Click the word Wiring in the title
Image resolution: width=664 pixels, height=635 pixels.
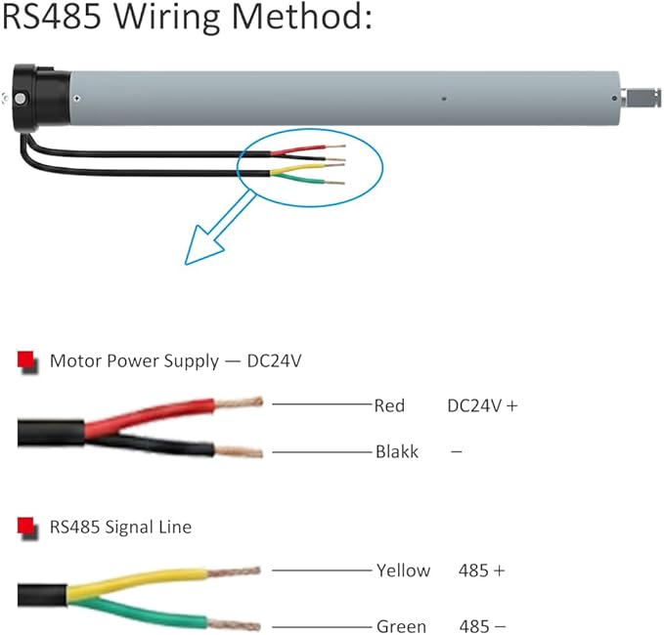coord(166,18)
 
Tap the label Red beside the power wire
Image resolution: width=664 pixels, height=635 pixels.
coord(389,405)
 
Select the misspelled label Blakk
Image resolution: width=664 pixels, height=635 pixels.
coord(397,451)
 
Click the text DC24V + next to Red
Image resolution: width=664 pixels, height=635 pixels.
coord(482,405)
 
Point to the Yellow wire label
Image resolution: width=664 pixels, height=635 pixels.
coord(403,571)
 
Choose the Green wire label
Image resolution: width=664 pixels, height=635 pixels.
coord(401,626)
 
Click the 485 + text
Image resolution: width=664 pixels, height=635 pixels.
coord(481,571)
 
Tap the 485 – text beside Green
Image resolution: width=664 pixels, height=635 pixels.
coord(482,626)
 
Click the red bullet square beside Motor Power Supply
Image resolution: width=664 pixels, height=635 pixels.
coord(26,360)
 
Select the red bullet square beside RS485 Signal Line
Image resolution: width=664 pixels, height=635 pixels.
coord(26,527)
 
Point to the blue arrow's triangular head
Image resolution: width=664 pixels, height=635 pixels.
coord(203,246)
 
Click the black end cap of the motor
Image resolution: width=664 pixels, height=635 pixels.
coord(40,98)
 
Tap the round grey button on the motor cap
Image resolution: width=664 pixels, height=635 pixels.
coord(20,99)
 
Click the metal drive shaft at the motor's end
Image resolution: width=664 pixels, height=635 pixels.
coord(641,98)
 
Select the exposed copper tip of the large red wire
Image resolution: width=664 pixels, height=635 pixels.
coord(239,402)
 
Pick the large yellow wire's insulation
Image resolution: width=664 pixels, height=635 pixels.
coord(137,581)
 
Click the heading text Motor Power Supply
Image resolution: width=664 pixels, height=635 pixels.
coord(134,360)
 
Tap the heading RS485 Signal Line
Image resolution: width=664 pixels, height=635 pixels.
coord(120,528)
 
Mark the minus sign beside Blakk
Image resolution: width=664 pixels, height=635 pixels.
coord(456,451)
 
